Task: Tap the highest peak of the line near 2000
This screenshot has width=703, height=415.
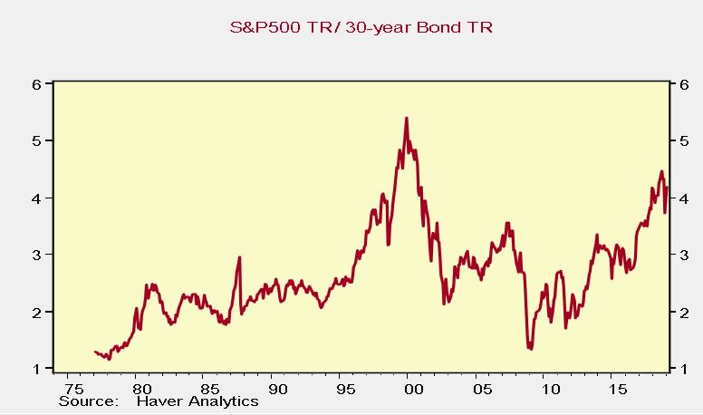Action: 406,118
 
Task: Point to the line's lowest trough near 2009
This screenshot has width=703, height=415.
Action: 530,348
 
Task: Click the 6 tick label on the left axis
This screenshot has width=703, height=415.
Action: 36,84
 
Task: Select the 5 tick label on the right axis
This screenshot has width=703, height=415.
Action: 673,141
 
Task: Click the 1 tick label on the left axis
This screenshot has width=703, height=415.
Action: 36,369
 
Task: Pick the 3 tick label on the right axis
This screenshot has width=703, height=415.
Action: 673,256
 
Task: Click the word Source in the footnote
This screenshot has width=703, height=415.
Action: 88,401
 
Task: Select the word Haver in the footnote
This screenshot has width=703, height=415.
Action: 159,401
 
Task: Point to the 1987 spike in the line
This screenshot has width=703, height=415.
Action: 239,257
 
